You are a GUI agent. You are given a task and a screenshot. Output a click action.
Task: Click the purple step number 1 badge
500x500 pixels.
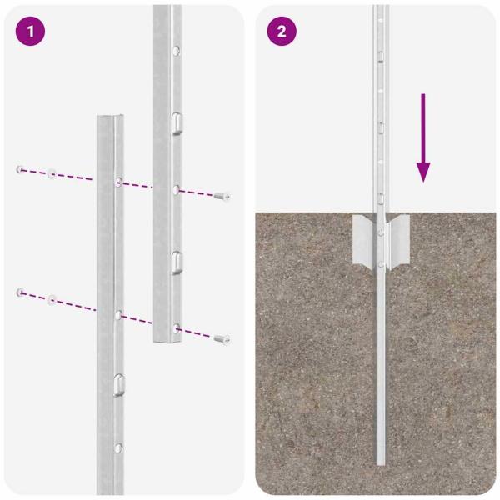(x=31, y=32)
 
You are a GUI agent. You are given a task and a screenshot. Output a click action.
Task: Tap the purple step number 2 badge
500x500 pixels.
(x=282, y=32)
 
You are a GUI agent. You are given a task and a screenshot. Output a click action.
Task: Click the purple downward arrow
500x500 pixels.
(x=424, y=138)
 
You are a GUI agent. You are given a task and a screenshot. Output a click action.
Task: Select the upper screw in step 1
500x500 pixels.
(x=222, y=196)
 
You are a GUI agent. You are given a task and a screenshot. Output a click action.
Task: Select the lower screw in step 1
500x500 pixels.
(x=222, y=339)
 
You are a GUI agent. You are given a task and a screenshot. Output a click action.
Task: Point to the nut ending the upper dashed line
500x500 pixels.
(x=19, y=170)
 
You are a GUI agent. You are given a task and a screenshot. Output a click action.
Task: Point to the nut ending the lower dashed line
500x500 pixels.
(x=19, y=292)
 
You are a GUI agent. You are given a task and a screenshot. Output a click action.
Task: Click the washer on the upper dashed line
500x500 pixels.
(x=52, y=174)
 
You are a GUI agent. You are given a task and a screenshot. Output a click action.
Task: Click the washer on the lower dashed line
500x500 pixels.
(x=52, y=297)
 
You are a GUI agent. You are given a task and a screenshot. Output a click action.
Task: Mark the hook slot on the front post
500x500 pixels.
(x=119, y=384)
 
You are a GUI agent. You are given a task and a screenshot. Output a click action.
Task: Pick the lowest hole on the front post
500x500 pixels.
(x=119, y=449)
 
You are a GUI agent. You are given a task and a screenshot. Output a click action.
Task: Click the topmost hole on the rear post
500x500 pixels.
(x=174, y=52)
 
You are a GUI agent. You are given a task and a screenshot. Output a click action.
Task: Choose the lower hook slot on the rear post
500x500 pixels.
(x=176, y=262)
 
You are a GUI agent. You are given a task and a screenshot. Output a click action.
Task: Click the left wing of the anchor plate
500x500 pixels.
(x=363, y=237)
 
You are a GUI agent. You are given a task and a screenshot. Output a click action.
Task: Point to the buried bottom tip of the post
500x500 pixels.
(x=381, y=462)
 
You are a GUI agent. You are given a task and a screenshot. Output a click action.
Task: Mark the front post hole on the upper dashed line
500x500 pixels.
(x=119, y=181)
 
